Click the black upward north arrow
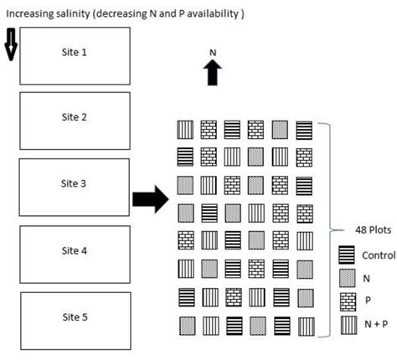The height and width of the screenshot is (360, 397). click(x=213, y=75)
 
